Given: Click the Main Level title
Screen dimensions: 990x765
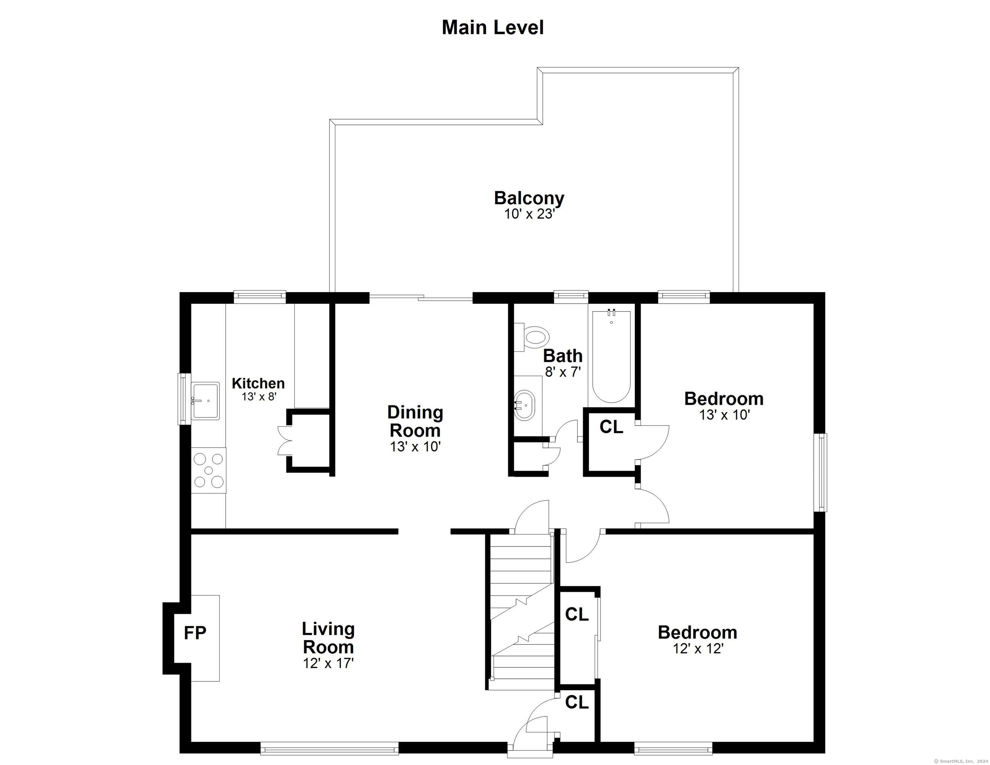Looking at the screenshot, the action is [x=493, y=28].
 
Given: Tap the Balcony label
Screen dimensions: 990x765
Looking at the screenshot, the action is [x=529, y=198].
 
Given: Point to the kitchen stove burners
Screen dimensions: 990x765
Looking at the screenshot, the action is [x=209, y=470].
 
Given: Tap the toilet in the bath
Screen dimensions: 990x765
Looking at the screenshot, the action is [x=531, y=337].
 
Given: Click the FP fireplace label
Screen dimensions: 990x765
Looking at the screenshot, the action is [x=195, y=633].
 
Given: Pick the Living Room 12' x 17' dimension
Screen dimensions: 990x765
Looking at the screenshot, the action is [x=328, y=663].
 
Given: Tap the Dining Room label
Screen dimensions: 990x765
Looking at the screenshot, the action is [x=415, y=421].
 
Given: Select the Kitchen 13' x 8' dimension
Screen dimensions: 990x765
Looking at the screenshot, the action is [x=259, y=396].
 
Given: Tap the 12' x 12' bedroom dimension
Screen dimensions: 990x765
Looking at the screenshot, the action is [x=698, y=648].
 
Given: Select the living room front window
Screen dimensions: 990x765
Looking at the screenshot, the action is [x=329, y=748].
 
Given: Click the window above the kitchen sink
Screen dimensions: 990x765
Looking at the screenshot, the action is [x=184, y=399].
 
